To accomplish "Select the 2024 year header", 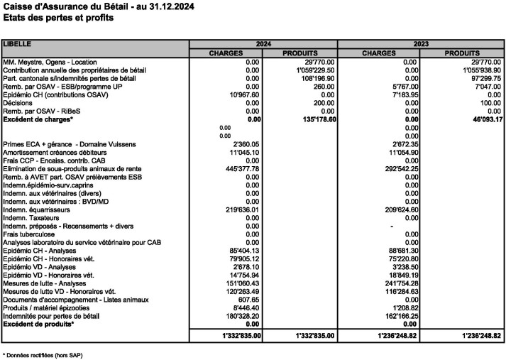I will tap(263, 44).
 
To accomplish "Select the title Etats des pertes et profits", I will tap(57, 16).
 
